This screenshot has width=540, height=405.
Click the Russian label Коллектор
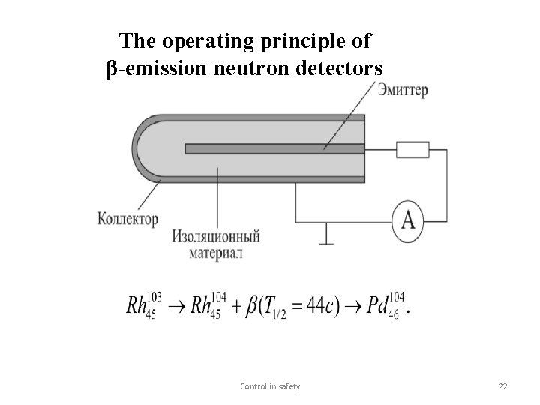pyautogui.click(x=128, y=219)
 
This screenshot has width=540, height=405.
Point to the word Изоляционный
pyautogui.click(x=216, y=237)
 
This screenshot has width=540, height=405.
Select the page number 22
pyautogui.click(x=502, y=386)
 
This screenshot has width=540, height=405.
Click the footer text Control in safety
pyautogui.click(x=270, y=386)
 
